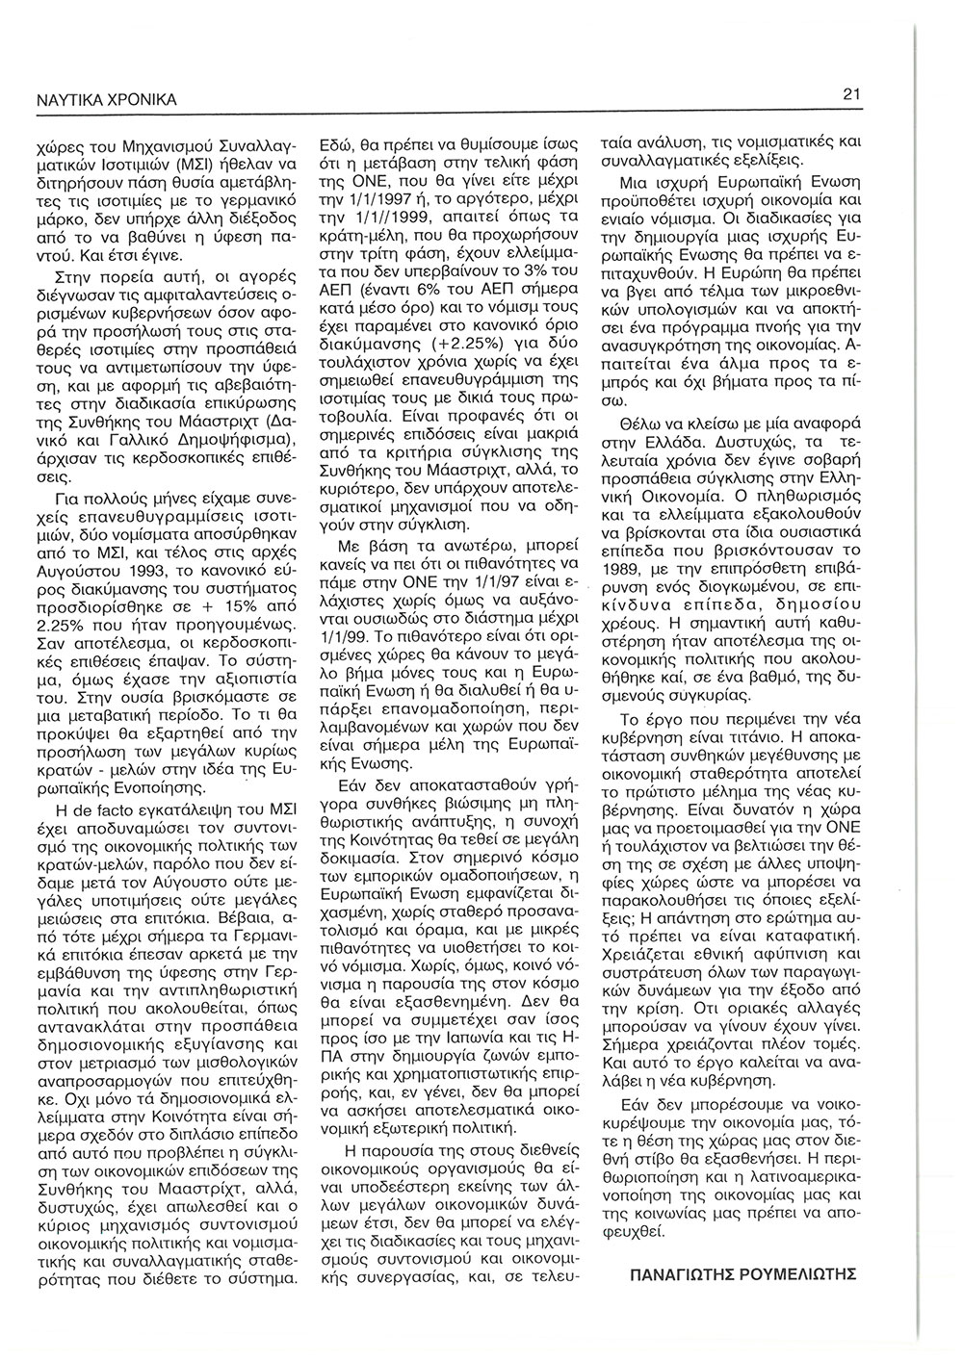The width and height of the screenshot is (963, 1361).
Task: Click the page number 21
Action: pos(850,94)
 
